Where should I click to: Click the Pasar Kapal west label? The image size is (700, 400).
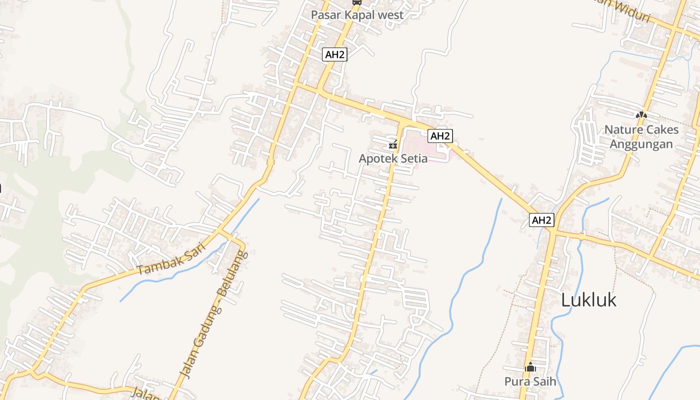point(357,15)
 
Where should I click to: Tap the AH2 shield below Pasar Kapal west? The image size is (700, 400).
point(334,54)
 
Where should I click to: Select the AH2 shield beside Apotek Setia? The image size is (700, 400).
point(440,135)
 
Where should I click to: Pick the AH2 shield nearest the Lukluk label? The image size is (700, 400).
point(542,220)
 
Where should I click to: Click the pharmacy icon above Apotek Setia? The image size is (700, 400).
point(393,145)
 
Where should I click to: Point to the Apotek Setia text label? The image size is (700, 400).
point(393,158)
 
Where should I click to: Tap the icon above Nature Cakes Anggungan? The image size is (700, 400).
point(641,115)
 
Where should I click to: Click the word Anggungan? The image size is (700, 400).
point(641,144)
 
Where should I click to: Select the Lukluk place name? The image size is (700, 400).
point(588,300)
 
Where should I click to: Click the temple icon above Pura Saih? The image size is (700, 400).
point(530,367)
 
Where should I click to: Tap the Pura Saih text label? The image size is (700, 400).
point(530,381)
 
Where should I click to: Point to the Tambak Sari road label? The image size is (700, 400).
point(171,259)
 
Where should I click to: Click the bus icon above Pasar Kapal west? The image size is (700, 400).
point(356,2)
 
